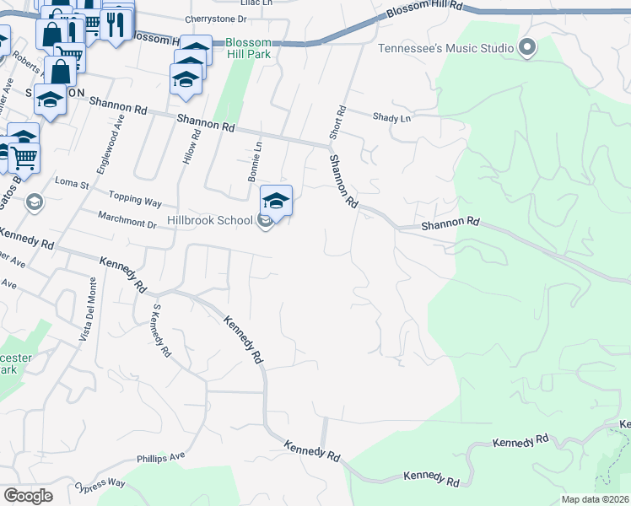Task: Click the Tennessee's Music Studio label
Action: pyautogui.click(x=445, y=47)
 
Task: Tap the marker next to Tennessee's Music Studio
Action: pyautogui.click(x=528, y=47)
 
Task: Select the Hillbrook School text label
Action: pyautogui.click(x=210, y=220)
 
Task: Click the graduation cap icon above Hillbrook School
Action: pyautogui.click(x=276, y=201)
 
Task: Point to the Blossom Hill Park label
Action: pyautogui.click(x=248, y=49)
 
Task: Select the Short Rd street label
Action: pyautogui.click(x=339, y=122)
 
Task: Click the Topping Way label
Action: pyautogui.click(x=139, y=202)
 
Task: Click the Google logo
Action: pyautogui.click(x=28, y=495)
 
